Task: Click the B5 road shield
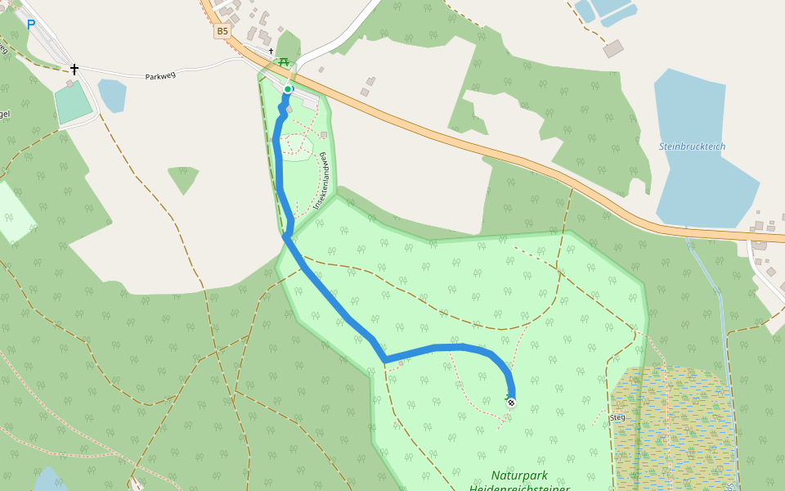[222, 32]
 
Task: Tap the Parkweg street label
[160, 76]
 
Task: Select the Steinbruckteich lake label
[692, 146]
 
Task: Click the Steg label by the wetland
[617, 417]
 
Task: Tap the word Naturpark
[519, 475]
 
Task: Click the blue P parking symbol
[31, 25]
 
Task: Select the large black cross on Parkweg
[74, 70]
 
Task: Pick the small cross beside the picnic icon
[271, 51]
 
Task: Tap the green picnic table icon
[284, 62]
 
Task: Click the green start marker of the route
[288, 89]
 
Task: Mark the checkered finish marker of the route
[511, 402]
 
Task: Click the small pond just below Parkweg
[113, 94]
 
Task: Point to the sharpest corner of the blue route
[384, 360]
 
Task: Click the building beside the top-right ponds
[613, 49]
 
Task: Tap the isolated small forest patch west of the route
[183, 178]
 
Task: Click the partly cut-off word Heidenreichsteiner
[519, 488]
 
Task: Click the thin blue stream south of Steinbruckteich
[721, 327]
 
